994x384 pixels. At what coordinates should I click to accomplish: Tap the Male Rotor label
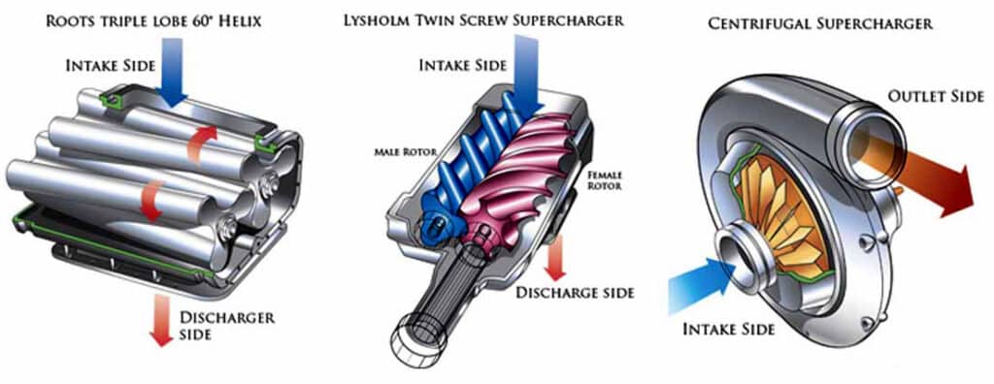403,152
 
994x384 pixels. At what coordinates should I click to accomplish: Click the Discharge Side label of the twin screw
574,292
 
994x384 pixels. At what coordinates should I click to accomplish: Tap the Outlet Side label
932,96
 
